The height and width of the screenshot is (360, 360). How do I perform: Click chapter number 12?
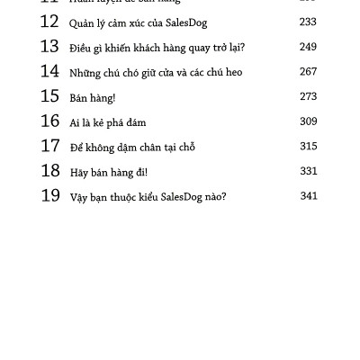(49, 22)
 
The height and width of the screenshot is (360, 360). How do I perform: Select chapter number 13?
(49, 47)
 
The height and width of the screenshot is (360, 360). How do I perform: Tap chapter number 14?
(49, 72)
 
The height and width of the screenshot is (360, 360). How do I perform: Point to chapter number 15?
(49, 96)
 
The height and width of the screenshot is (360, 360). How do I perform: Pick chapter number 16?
(49, 121)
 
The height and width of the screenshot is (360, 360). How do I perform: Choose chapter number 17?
(49, 146)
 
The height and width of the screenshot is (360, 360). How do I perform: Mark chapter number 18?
(49, 171)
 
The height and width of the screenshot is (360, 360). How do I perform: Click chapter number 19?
(49, 195)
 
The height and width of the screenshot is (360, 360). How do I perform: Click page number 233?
(308, 22)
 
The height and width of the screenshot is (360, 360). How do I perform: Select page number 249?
(308, 47)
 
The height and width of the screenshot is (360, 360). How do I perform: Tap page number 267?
(308, 72)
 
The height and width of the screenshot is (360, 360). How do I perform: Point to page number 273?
(308, 96)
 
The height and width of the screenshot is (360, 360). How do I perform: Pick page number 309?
(308, 121)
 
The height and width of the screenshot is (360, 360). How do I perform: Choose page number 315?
(308, 146)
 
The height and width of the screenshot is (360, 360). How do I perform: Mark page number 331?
(308, 171)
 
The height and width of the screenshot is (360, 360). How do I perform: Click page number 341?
(308, 195)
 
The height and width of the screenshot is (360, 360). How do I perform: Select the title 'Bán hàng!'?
(93, 97)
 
